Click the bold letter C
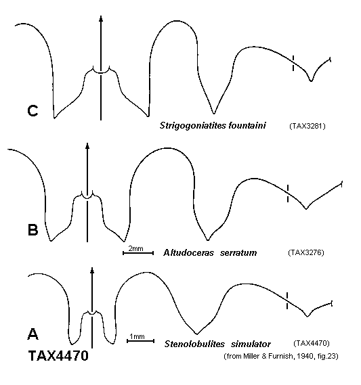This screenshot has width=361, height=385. coord(33,111)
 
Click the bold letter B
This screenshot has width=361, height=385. coord(33,230)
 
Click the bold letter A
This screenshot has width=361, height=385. coord(33,334)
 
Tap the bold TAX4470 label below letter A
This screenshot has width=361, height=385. coord(58,355)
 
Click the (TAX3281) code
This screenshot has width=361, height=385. coord(307,127)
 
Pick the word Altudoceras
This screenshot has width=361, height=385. coord(188,252)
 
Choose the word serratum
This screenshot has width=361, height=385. coord(238,253)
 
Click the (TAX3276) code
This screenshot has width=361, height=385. coord(306,252)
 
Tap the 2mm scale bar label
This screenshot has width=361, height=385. coord(135,248)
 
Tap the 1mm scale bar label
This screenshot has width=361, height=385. coord(137,336)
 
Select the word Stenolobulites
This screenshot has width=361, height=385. coord(194,344)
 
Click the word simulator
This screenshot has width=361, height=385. coord(251,344)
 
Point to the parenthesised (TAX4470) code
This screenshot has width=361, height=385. coord(312,343)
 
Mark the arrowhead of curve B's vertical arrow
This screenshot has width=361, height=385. coord(87,145)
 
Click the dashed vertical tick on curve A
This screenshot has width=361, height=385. coord(286,300)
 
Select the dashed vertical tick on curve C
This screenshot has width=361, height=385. coord(293,64)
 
